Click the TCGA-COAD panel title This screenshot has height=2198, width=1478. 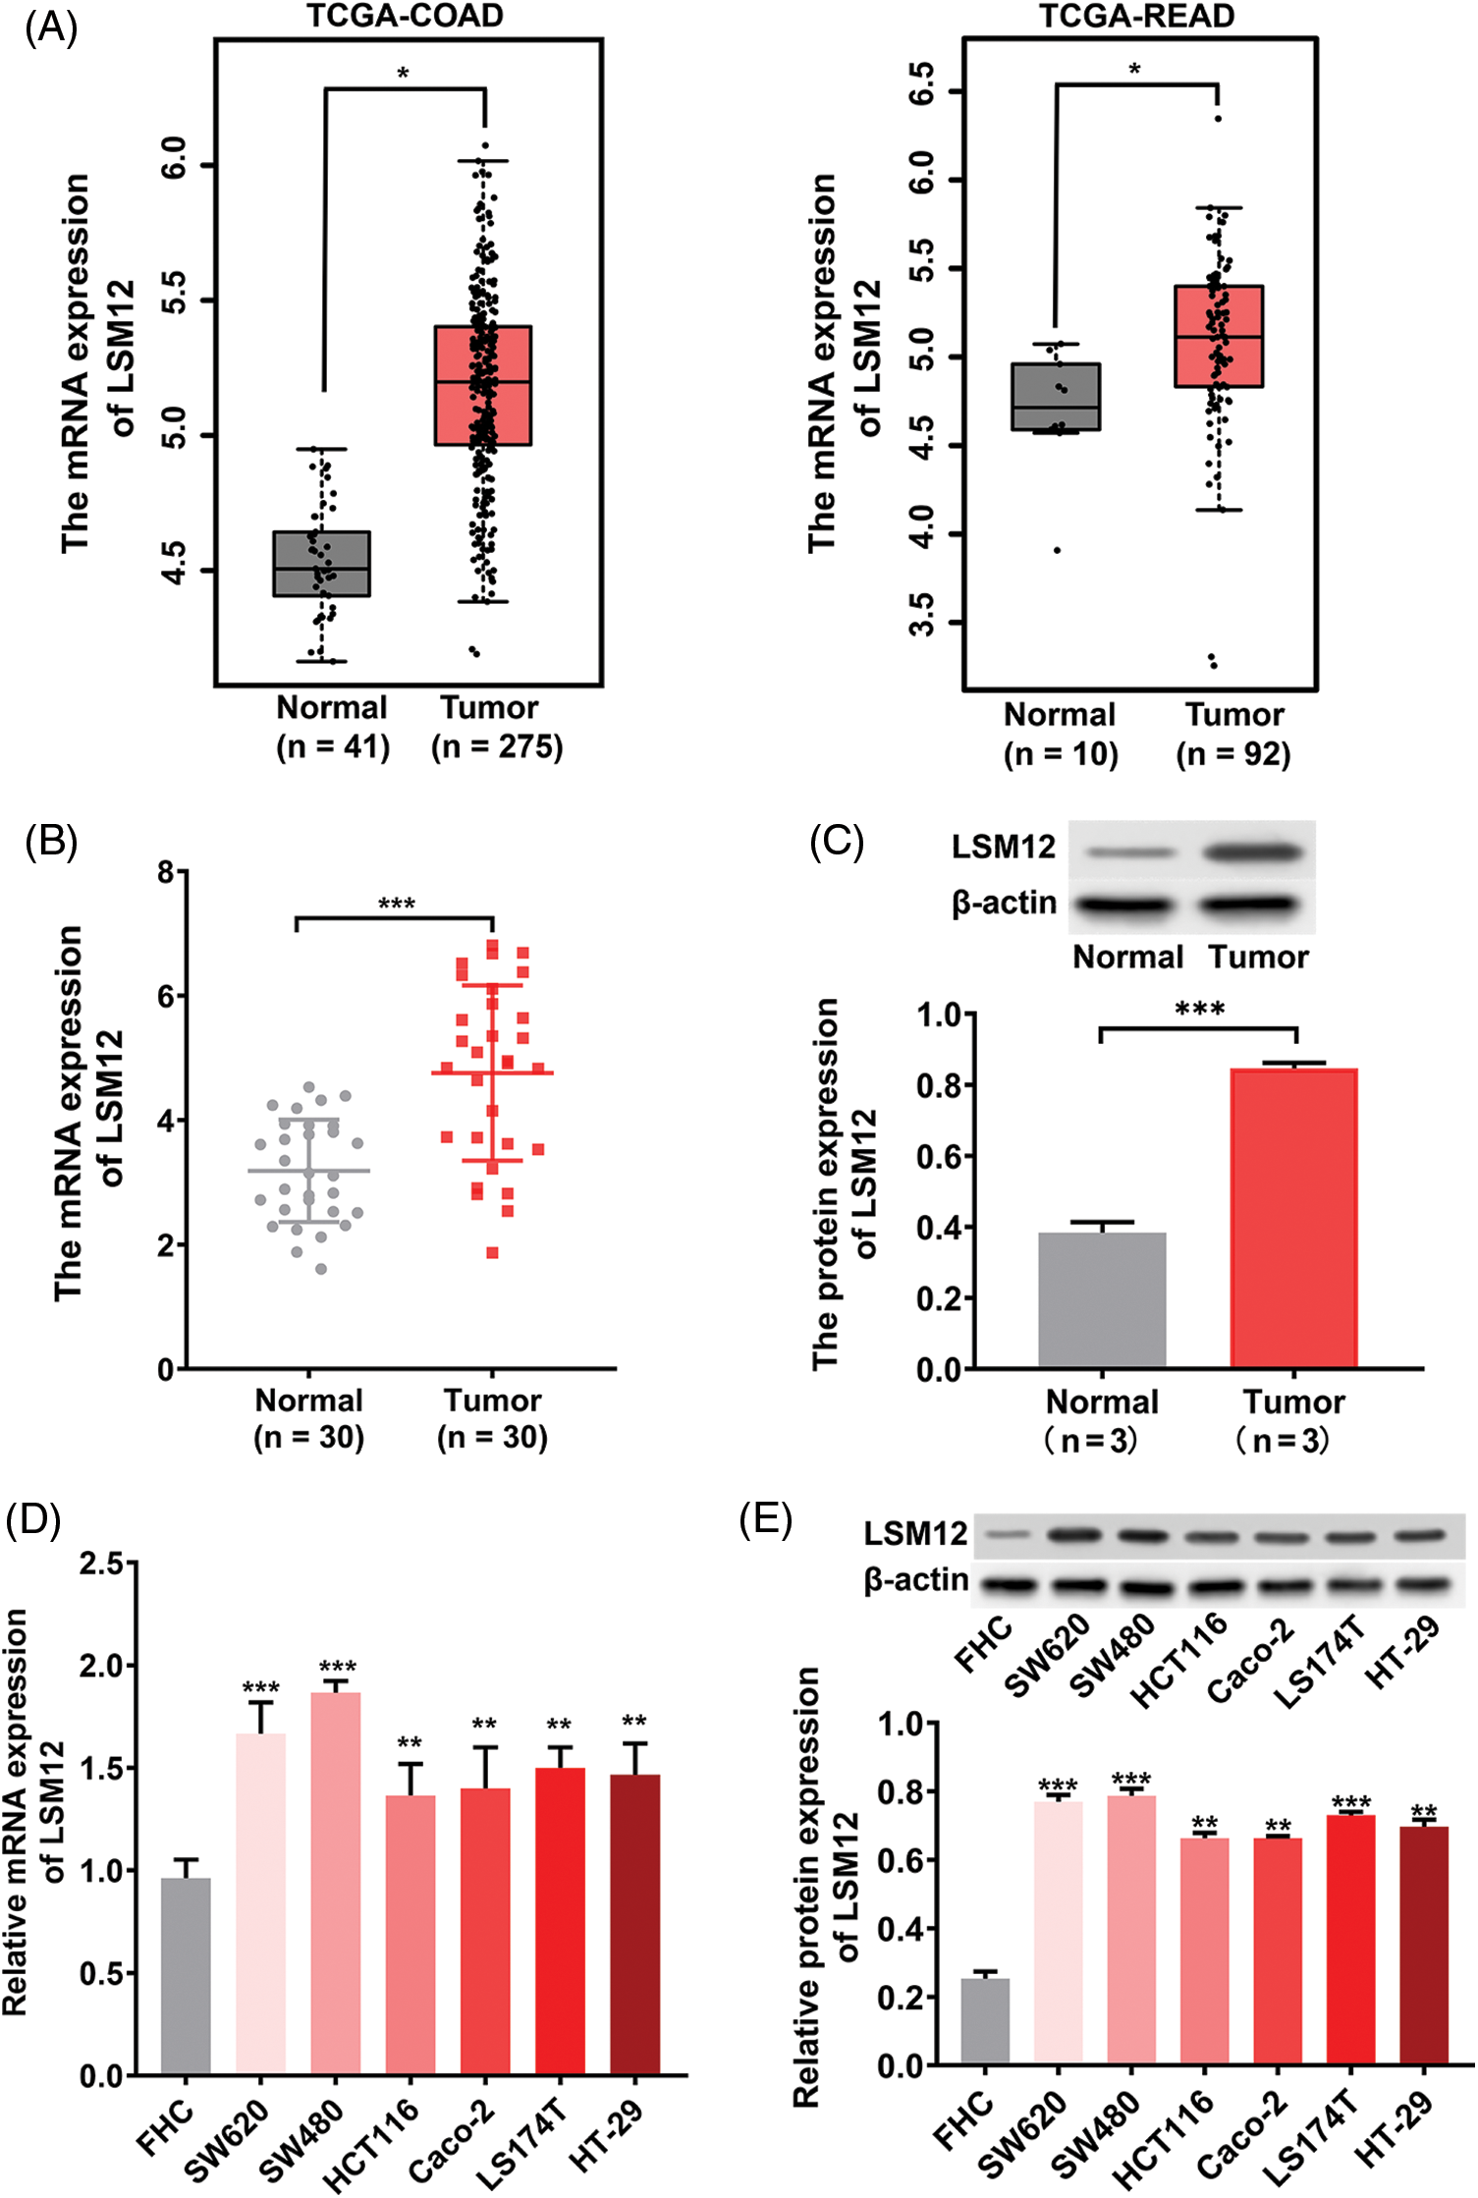tap(405, 16)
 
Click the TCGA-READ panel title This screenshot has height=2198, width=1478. tap(1136, 16)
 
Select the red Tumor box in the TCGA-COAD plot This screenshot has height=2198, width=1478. tap(483, 385)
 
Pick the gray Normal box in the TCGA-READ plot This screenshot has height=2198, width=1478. tap(1056, 397)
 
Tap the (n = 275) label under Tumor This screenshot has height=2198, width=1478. tap(497, 747)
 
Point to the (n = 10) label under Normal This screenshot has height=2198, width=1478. tap(1061, 754)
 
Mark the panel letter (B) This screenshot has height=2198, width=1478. tap(51, 842)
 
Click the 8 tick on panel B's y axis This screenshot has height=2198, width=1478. tap(166, 872)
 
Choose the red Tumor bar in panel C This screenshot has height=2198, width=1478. tap(1293, 1218)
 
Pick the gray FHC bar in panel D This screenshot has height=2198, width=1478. tap(186, 1976)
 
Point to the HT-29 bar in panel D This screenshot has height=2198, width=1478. tap(635, 1925)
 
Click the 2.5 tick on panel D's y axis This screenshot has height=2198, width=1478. tap(104, 1564)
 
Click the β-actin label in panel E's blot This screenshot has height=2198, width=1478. tap(915, 1580)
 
